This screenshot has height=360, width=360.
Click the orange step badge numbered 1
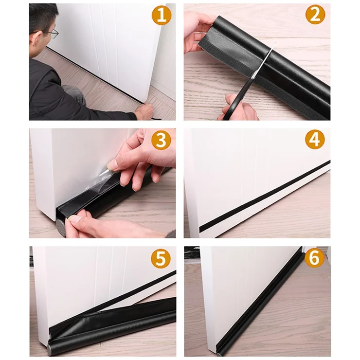coord(162,15)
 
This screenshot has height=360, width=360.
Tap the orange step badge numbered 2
coord(315,15)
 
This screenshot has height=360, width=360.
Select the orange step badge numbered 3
coord(161,140)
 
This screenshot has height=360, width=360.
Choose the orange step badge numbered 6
coord(314,258)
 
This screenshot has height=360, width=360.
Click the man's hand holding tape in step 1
coord(144,110)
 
